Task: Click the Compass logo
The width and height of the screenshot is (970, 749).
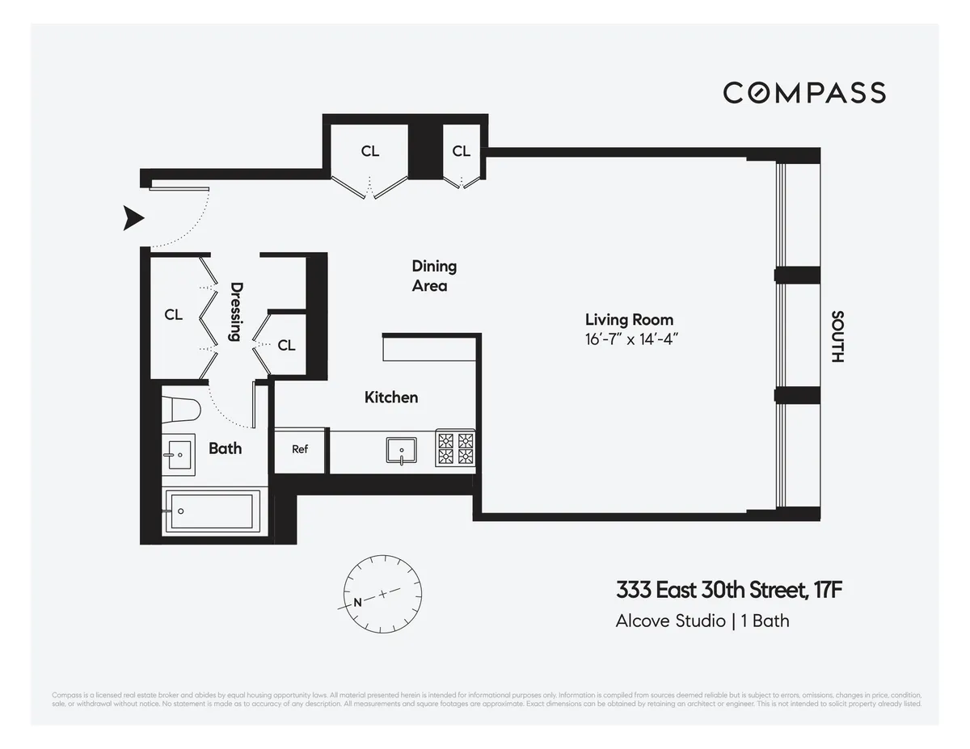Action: tap(804, 93)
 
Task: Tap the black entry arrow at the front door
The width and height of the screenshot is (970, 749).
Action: tap(133, 218)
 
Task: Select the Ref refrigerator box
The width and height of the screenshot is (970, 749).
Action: tap(300, 449)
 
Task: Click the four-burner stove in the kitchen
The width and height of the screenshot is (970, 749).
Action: tap(455, 449)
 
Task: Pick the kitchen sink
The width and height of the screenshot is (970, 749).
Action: tap(401, 450)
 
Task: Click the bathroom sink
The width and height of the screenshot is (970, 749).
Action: tap(178, 454)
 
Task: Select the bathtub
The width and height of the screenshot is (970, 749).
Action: tap(212, 511)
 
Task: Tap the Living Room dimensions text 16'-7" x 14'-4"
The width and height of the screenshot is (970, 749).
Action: tap(630, 339)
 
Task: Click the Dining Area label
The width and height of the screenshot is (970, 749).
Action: tap(434, 276)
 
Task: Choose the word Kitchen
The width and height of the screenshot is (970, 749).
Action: tap(391, 397)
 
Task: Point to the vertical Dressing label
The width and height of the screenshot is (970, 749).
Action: tap(236, 311)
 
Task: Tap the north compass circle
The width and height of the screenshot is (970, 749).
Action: tap(383, 596)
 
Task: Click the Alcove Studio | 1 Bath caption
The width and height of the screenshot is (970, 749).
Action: tap(702, 621)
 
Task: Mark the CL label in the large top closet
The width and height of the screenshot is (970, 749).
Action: tap(370, 151)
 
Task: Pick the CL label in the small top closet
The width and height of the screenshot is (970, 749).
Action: tap(461, 151)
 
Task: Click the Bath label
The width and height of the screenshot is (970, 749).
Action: tap(225, 448)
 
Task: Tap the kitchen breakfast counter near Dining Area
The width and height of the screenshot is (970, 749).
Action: tap(428, 349)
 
